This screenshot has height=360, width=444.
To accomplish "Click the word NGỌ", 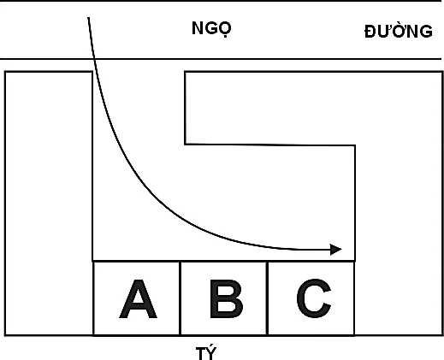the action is coord(211,28).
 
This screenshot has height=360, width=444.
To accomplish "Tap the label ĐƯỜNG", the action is coord(399,30).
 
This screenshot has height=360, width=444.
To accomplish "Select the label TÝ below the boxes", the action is coord(206,352).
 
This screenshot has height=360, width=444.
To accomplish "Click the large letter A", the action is coord(138,298).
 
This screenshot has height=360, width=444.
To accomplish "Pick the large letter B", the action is coord(227,298).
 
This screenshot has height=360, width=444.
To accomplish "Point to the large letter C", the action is coord(314,298).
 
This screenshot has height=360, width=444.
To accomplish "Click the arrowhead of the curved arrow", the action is coord(336,250).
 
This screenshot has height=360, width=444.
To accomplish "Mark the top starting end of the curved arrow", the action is coord(89,18).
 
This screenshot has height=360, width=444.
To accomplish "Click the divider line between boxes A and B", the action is coord(181,298).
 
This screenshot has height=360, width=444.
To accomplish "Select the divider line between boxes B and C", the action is coord(267,298).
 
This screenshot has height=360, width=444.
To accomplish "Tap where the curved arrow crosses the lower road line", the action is coord(94,59).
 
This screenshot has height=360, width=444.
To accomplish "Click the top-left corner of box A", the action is coord(93,261).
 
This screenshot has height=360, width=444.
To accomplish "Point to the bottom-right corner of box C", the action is coord(354,335).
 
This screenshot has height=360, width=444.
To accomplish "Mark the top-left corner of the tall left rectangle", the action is coord(5,72).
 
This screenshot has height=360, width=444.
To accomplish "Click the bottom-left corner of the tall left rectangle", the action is coord(5,335).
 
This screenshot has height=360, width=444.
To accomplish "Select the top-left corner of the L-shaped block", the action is coord(185,72).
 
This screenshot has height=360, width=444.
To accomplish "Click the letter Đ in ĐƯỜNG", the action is coord(370,32).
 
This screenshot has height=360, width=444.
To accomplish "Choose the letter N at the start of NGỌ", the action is coord(198,28).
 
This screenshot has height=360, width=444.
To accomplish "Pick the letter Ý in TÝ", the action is coord(211,352).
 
